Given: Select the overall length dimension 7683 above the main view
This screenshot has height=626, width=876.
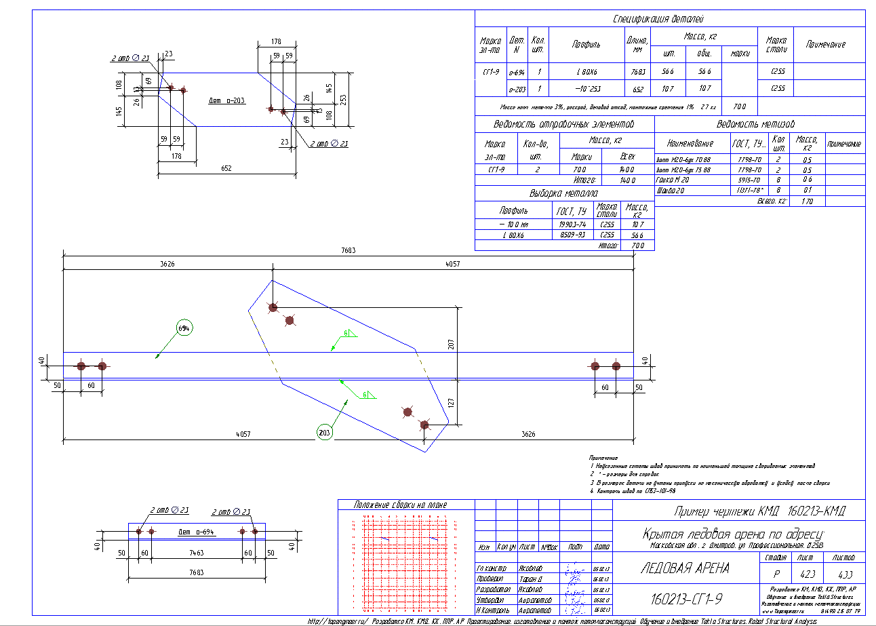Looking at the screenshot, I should coord(349,250).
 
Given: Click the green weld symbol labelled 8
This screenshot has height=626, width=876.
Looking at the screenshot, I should coord(346,333).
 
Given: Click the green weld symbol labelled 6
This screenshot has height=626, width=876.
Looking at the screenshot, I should coord(365,394).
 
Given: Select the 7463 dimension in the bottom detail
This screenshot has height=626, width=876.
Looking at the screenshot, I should coord(196,553).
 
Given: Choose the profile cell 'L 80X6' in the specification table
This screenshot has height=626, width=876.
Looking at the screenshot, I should coord(586,71).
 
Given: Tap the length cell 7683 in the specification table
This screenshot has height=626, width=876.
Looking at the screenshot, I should coord(637,71).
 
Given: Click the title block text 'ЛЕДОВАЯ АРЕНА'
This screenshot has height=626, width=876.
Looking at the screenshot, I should coord(685,568).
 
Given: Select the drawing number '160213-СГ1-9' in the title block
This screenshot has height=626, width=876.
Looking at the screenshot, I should coord(685,600).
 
